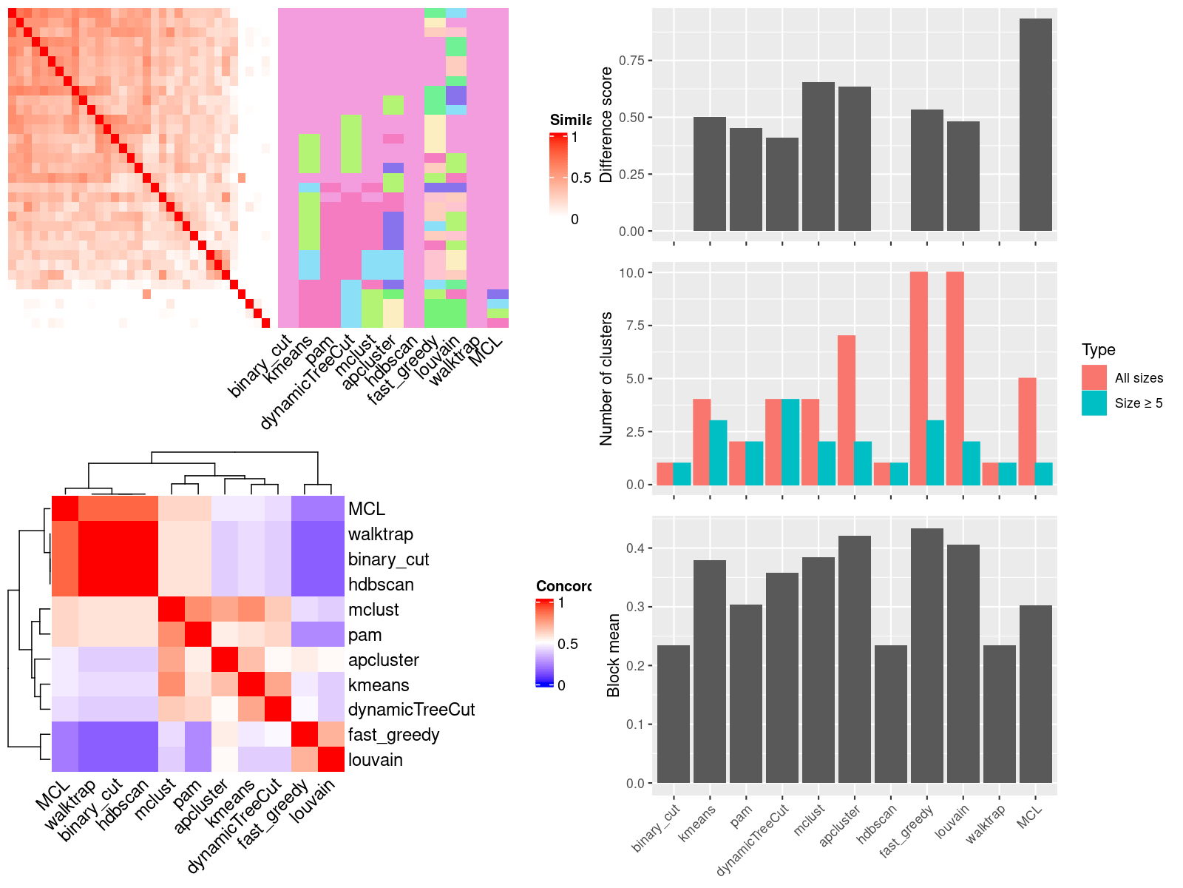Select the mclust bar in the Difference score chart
(x=818, y=156)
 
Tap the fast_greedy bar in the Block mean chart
(x=926, y=655)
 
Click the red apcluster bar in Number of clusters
(x=847, y=410)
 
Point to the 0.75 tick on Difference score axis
(x=631, y=60)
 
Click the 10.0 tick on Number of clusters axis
(x=631, y=272)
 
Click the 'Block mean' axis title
(x=613, y=655)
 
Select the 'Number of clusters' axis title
(x=606, y=378)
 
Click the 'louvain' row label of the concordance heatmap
(x=376, y=760)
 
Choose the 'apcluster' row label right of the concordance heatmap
(x=383, y=660)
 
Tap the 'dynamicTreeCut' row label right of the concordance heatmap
(x=411, y=710)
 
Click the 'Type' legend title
(x=1098, y=350)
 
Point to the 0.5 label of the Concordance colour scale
(x=568, y=644)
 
